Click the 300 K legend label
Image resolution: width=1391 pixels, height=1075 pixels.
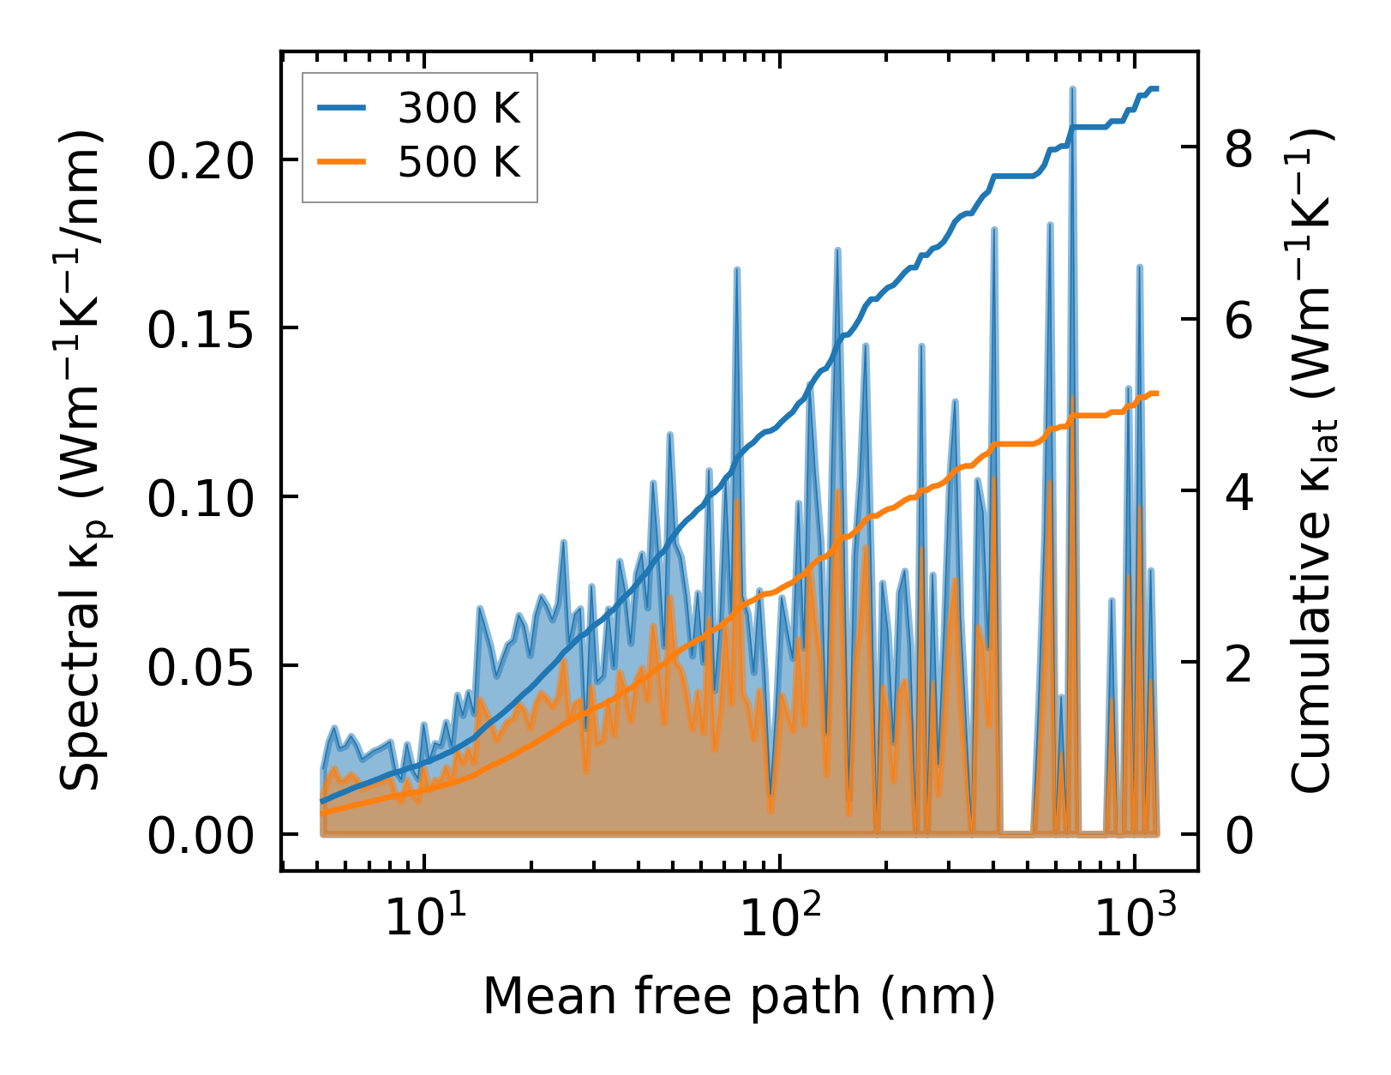click(459, 109)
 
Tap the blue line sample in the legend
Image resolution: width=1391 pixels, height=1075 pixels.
click(342, 109)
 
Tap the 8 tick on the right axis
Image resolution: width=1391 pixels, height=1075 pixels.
click(1238, 148)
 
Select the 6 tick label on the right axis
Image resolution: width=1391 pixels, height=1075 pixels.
click(1238, 320)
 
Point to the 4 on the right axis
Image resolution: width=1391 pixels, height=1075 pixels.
click(1238, 491)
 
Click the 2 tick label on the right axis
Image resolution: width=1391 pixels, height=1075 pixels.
click(1238, 663)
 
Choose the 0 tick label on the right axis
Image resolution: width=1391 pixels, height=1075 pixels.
click(1238, 835)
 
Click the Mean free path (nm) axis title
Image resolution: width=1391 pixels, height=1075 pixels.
click(739, 996)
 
